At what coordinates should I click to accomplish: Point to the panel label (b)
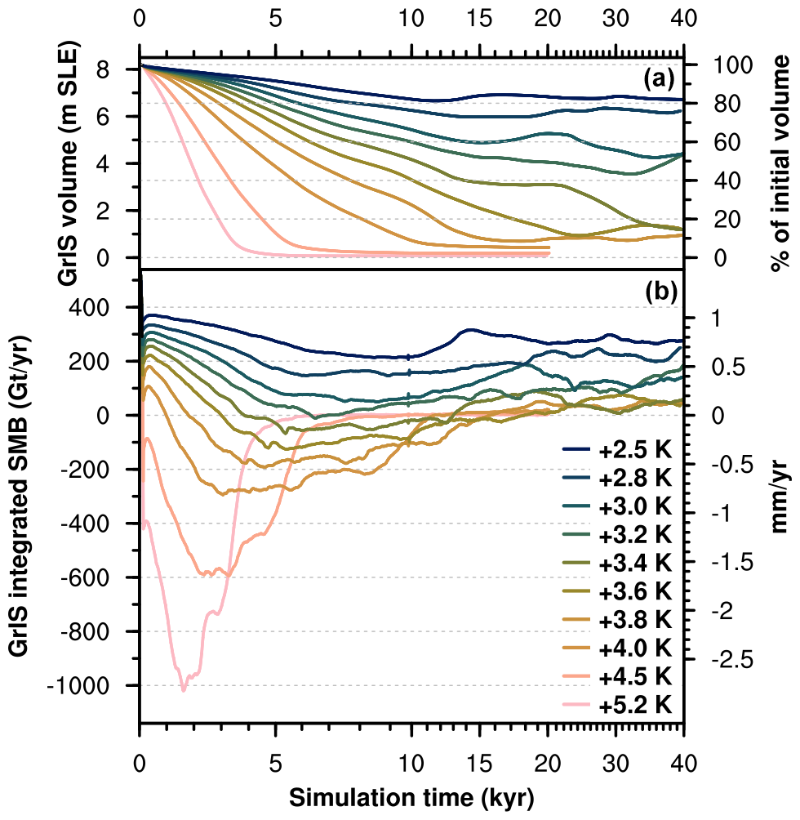click(658, 292)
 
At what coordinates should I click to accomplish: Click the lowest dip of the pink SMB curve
click(183, 690)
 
